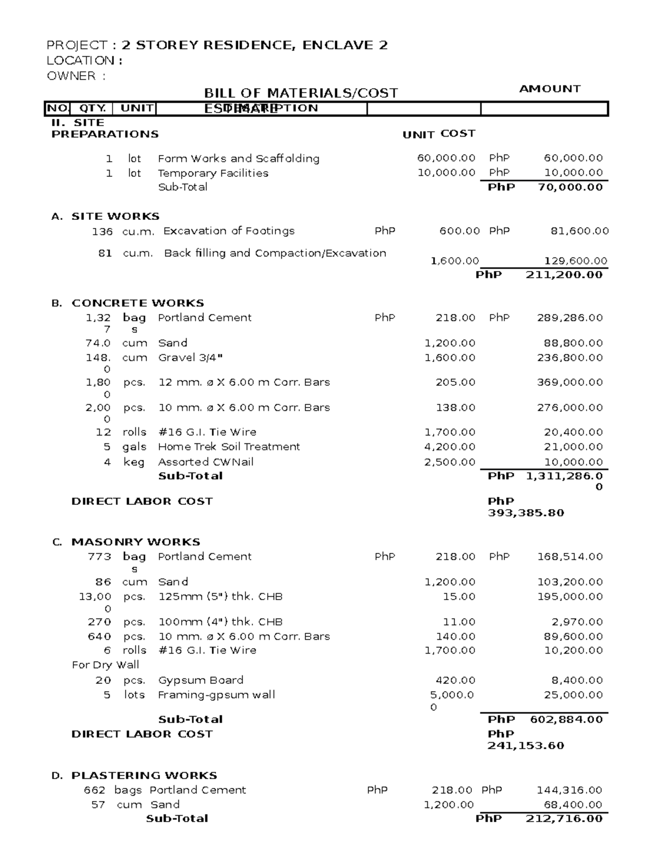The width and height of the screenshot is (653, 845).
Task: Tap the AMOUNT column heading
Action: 550,89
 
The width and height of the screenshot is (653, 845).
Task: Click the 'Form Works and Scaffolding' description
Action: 238,159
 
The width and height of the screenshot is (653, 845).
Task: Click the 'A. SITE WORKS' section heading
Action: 105,217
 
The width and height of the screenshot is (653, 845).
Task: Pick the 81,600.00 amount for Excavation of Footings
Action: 580,231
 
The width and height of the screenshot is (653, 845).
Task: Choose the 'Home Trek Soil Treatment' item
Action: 229,447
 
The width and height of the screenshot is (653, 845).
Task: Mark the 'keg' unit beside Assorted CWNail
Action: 134,462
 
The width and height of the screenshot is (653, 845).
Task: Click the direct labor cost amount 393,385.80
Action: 526,513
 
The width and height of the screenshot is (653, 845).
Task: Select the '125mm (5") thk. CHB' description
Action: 220,597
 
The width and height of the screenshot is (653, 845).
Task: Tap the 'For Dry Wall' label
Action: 106,665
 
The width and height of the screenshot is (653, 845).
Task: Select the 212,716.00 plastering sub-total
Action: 564,819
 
